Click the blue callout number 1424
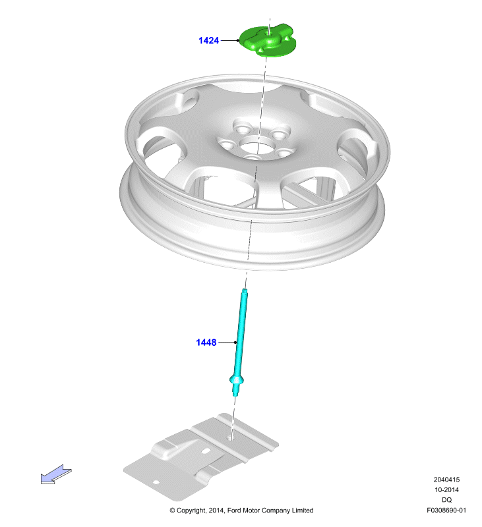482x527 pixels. (x=208, y=41)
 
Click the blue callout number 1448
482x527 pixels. (x=206, y=343)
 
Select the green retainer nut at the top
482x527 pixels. (x=268, y=40)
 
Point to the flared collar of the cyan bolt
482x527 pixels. (x=237, y=380)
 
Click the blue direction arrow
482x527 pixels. (x=56, y=474)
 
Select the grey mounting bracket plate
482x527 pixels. (x=201, y=456)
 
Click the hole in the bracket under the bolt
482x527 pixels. (x=230, y=437)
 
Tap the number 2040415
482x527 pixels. (x=446, y=480)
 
